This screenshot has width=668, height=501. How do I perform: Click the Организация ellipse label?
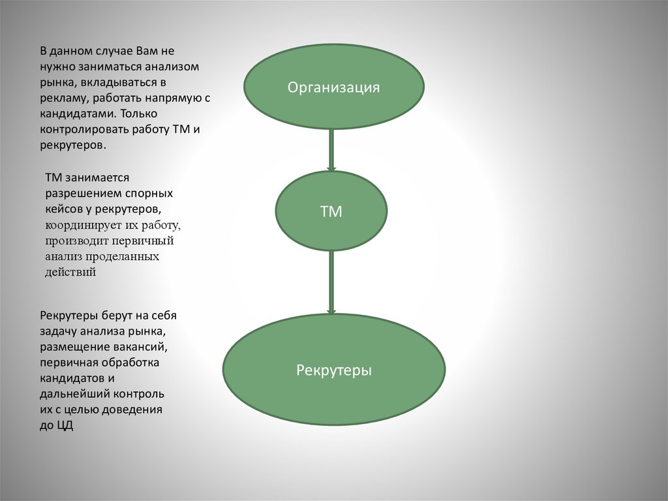(x=334, y=88)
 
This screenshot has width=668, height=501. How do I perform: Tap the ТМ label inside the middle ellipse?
(x=331, y=212)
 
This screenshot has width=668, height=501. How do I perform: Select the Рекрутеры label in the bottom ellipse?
(x=334, y=370)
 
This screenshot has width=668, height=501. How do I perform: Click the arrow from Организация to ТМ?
(x=331, y=150)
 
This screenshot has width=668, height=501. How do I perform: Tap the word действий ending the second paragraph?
(x=70, y=272)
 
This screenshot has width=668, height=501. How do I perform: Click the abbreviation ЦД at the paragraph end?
(x=65, y=426)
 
